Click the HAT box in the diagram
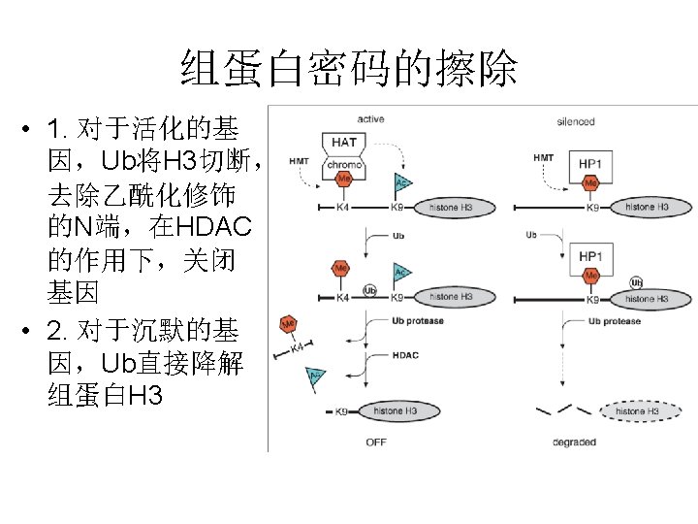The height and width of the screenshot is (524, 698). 343,143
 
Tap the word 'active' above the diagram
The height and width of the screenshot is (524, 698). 370,119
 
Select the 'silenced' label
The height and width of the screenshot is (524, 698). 576,121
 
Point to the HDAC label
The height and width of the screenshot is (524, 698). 406,355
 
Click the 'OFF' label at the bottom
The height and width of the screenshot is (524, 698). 376,442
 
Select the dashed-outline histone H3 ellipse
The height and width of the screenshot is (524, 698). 637,411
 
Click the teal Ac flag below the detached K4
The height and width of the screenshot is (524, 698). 315,376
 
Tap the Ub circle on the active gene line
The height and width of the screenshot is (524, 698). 369,290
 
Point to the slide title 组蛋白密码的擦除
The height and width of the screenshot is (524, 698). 349,69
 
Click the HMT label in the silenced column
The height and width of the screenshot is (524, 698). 544,157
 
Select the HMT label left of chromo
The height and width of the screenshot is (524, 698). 301,161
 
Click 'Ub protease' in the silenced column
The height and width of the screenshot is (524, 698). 614,321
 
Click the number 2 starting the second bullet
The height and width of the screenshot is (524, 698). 54,332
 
